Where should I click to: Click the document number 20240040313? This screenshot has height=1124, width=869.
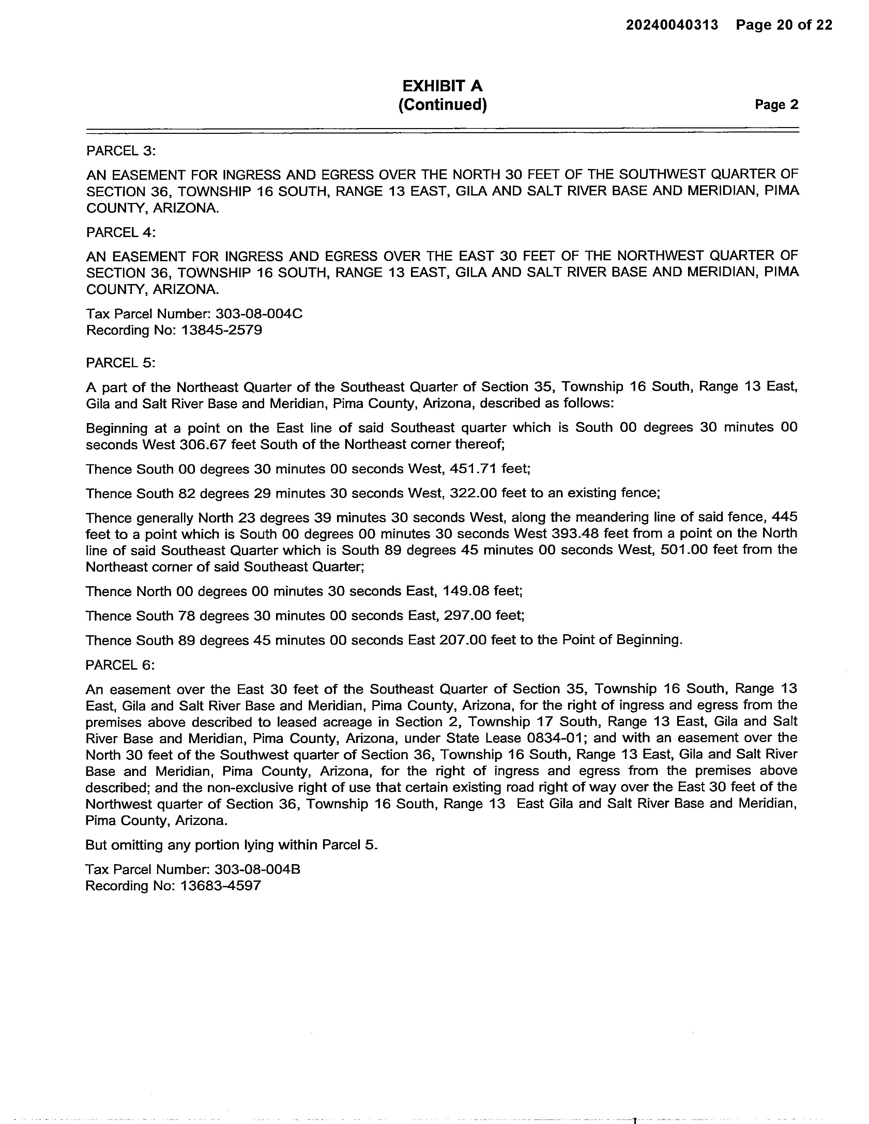[x=671, y=25]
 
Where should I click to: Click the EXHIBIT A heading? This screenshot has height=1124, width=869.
[x=442, y=85]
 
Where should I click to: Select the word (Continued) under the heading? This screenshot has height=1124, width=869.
[x=442, y=105]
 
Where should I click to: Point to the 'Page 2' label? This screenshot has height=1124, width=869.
[x=776, y=105]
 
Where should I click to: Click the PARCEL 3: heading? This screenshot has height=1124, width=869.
[x=120, y=151]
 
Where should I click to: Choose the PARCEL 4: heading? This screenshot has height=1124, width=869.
[x=120, y=233]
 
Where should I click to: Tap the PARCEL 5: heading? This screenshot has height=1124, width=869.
[x=120, y=363]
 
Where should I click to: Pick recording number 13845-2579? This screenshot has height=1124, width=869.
[x=222, y=330]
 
